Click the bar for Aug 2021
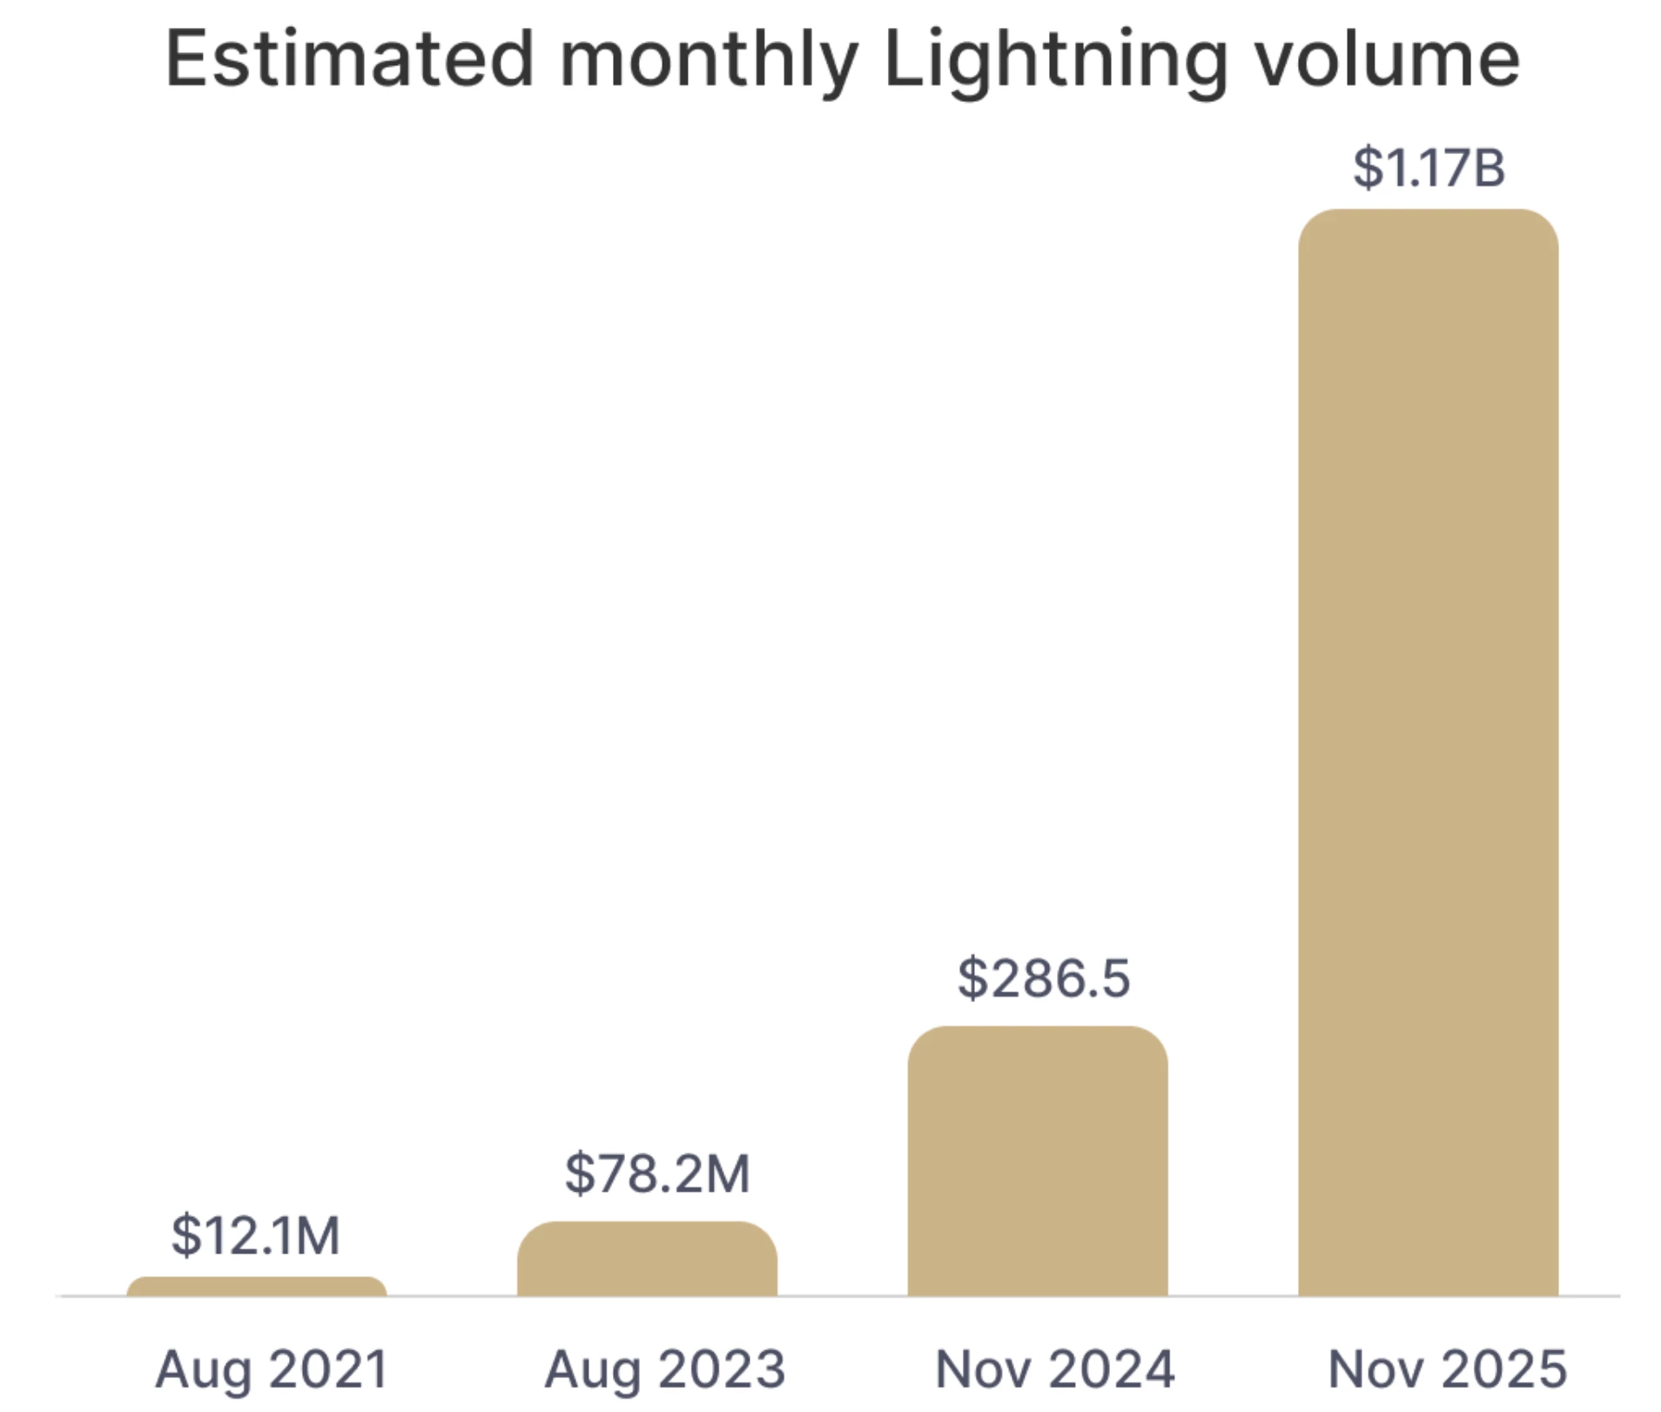pyautogui.click(x=256, y=1287)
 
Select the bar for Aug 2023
pyautogui.click(x=647, y=1260)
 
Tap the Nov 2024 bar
pyautogui.click(x=1037, y=1162)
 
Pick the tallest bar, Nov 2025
pyautogui.click(x=1428, y=753)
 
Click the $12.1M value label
pyautogui.click(x=255, y=1235)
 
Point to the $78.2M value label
pyautogui.click(x=656, y=1173)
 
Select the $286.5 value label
pyautogui.click(x=1043, y=978)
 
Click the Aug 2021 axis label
pyautogui.click(x=272, y=1369)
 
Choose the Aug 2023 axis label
pyautogui.click(x=665, y=1369)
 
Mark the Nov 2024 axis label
pyautogui.click(x=1054, y=1369)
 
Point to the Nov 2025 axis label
pyautogui.click(x=1447, y=1369)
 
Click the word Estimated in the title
pyautogui.click(x=349, y=59)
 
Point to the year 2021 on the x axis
pyautogui.click(x=328, y=1369)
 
